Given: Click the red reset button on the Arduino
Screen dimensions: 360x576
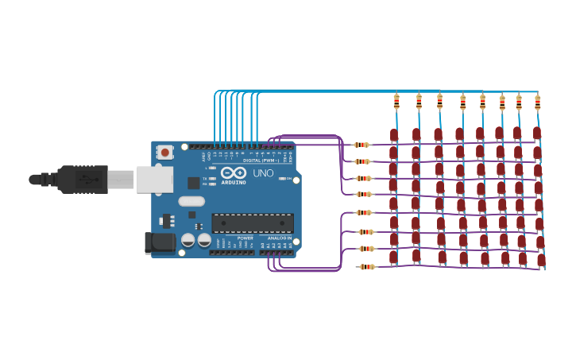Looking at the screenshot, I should point(164,151).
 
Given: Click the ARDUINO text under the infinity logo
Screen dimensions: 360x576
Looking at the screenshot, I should point(234,181).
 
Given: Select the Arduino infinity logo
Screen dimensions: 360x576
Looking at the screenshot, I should point(234,172).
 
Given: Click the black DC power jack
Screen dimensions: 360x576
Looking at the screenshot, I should point(160,243).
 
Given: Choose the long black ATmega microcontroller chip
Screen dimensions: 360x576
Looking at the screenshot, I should point(253,223).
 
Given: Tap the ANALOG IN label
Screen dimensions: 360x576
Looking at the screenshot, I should point(279,238).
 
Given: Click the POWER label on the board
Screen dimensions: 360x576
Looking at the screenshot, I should point(245,238).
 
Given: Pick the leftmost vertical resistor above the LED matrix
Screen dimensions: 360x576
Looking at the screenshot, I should point(396,101).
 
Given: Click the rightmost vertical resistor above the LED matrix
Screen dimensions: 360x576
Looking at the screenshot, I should point(538,102).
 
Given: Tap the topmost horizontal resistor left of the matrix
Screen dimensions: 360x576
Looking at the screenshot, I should point(362,145).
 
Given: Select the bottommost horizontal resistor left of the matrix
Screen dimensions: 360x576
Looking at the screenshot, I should point(366,267).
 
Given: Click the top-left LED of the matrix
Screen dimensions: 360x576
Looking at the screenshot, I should point(394,135).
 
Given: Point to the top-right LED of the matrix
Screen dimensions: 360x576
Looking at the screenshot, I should point(537,133).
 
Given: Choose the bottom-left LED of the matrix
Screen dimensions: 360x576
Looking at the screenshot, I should point(393,257).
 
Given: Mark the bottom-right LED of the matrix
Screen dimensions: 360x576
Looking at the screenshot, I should point(541,260).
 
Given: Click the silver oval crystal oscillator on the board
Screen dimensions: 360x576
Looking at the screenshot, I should point(191,201).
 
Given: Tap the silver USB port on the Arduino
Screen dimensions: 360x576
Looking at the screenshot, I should point(154,180).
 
